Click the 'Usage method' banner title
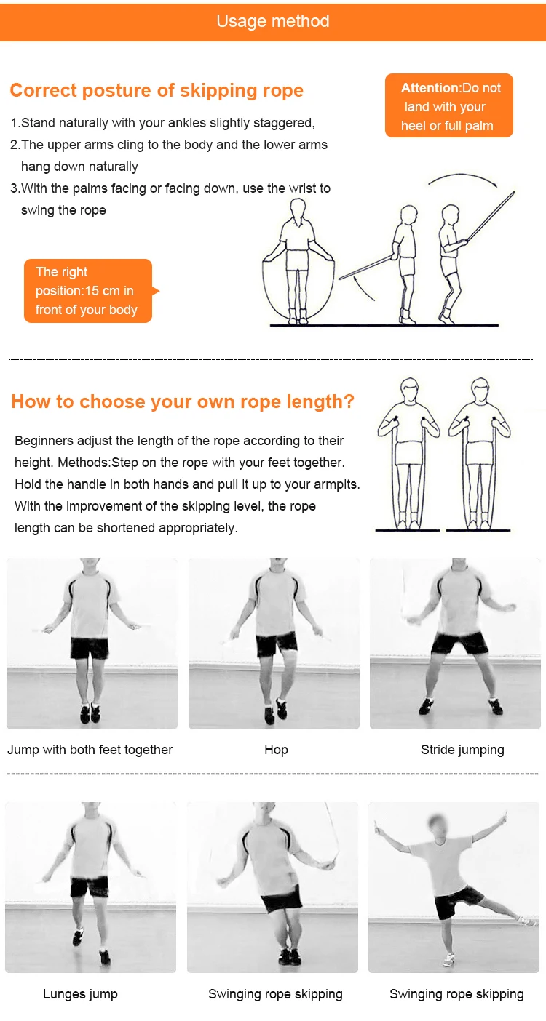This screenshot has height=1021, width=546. coord(273,21)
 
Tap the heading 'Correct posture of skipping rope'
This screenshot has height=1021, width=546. coord(157,90)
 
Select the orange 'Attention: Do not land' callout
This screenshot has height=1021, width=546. coord(449,105)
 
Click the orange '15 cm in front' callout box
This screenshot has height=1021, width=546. coord(89,291)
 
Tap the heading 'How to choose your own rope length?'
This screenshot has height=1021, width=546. coord(183,401)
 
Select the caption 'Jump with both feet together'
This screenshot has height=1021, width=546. coord(90,750)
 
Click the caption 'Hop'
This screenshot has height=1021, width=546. coord(276,750)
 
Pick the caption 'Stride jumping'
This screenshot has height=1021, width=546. coord(462,750)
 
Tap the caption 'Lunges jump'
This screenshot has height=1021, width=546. coord(80,993)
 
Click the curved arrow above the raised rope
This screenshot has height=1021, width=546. coord(463,174)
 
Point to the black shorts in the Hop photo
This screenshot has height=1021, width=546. coord(277,644)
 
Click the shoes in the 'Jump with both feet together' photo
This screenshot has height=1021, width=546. coord(90,713)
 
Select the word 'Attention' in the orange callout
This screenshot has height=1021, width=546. coord(430,88)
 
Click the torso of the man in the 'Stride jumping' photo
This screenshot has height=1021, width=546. coord(459,601)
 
